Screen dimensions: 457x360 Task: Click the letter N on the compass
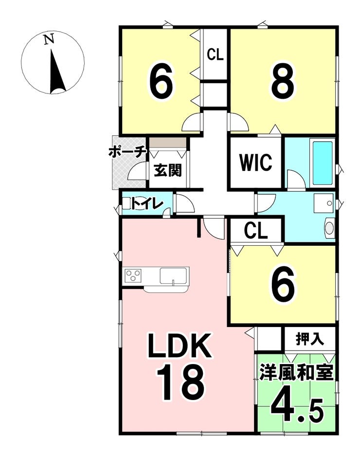(48, 39)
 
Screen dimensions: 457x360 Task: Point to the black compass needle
(56, 73)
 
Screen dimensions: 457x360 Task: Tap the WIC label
(255, 163)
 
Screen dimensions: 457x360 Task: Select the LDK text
(180, 347)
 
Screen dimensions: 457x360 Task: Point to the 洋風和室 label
(296, 373)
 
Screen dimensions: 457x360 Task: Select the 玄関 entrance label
(168, 171)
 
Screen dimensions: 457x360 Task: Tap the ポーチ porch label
(127, 152)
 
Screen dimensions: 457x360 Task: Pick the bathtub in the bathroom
(322, 163)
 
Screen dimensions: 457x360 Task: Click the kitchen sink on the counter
(173, 276)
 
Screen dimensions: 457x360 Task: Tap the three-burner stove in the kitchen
(133, 276)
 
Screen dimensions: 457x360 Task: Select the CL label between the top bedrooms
(215, 55)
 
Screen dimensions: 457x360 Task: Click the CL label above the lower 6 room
(256, 231)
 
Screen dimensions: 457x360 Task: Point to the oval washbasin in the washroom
(329, 228)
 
